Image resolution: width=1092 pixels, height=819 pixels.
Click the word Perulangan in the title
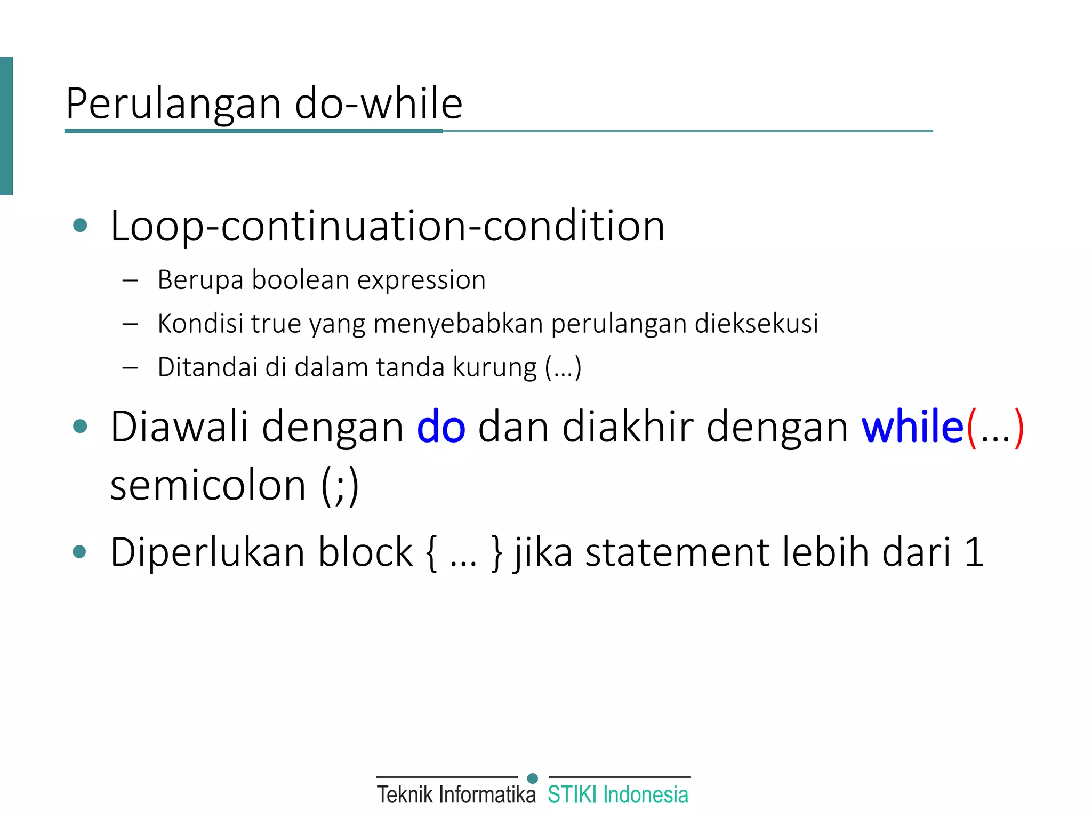click(x=173, y=104)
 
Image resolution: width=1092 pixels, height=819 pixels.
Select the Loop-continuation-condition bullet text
click(x=387, y=226)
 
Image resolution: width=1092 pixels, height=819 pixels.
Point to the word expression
click(x=421, y=280)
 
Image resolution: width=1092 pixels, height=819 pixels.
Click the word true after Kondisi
click(x=275, y=324)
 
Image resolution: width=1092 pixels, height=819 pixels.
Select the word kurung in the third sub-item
click(x=494, y=367)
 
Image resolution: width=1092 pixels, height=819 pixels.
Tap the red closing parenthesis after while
click(x=1018, y=428)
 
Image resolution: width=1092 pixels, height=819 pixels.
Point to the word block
click(x=365, y=552)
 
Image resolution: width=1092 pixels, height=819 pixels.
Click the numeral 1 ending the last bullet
click(x=974, y=552)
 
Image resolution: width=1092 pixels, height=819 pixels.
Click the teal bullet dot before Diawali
click(x=80, y=426)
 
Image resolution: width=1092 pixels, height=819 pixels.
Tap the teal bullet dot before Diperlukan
click(x=80, y=551)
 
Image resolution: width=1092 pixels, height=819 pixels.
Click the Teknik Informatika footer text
click(x=456, y=794)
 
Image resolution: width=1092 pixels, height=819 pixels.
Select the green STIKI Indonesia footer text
click(x=618, y=794)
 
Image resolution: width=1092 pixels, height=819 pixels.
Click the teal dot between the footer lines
click(x=532, y=778)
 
